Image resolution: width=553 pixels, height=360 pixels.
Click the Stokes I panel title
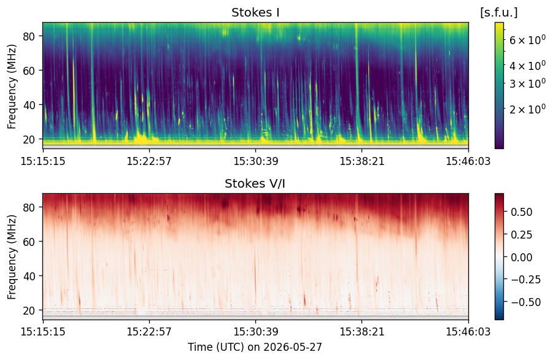coord(255,13)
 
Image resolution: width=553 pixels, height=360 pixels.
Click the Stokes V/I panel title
coord(255,183)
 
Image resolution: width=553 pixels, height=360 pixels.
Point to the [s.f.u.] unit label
coord(499,13)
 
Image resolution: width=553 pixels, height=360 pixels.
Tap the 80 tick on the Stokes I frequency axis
coord(29,36)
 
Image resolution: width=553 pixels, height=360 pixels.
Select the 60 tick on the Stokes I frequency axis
coord(29,71)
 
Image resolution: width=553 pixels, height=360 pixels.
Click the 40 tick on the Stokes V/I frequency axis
coord(29,276)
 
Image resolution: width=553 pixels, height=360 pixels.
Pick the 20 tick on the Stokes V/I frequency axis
coord(29,310)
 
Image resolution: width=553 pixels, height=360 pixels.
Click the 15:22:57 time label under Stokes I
coord(149,161)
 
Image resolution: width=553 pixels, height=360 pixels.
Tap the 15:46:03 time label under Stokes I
coord(468,161)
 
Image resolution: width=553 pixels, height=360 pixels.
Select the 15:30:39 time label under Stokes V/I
coord(256,332)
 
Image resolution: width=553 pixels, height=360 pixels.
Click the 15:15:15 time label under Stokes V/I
coord(43,332)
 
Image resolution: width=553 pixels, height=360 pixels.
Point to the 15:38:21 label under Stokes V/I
coord(362,332)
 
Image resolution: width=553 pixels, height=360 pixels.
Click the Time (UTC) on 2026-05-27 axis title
coord(255,347)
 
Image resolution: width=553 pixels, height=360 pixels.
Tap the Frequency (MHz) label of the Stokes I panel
coord(12,86)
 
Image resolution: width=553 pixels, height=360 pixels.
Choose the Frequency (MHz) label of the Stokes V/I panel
coord(12,257)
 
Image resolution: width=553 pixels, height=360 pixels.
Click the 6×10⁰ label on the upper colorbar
coord(527,40)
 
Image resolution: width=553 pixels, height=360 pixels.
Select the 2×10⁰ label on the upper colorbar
coord(527,109)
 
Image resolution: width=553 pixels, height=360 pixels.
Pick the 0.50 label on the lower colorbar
coord(521,212)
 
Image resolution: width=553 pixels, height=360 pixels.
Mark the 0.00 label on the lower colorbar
coord(521,257)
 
